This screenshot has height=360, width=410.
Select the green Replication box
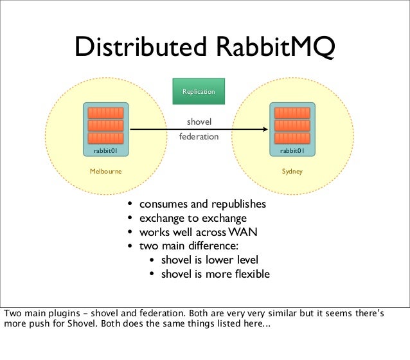click(199, 92)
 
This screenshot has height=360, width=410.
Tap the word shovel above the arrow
click(199, 122)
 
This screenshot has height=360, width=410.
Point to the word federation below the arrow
click(199, 137)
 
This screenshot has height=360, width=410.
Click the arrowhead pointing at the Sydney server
click(263, 130)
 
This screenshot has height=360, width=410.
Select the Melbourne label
click(105, 172)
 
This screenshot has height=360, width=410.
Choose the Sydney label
click(292, 172)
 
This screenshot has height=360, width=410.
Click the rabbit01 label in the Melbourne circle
click(105, 151)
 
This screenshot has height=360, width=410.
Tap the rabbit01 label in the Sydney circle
click(292, 151)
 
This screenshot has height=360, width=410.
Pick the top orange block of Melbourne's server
click(105, 113)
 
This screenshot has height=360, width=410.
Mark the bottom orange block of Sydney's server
click(292, 138)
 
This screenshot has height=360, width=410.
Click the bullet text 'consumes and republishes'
click(202, 204)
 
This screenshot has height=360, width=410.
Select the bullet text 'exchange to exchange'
click(193, 219)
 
